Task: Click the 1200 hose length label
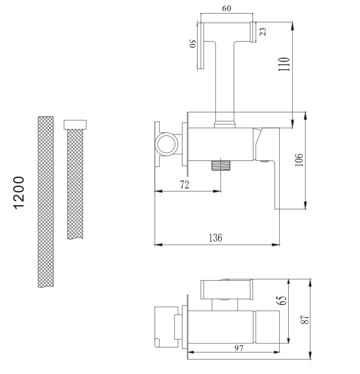19,193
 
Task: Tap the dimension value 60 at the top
227,9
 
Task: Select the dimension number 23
263,32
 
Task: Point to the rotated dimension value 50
193,44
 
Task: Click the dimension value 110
284,64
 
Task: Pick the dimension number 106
299,160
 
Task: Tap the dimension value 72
185,184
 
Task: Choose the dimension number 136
215,238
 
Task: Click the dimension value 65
281,300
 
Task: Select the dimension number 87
305,320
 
